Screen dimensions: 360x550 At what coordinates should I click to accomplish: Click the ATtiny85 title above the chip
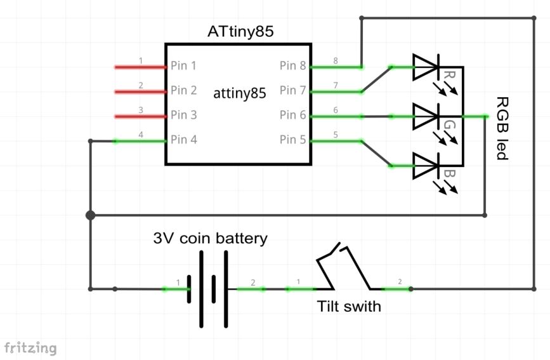click(x=240, y=32)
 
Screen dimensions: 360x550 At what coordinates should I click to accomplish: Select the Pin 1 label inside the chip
click(x=183, y=66)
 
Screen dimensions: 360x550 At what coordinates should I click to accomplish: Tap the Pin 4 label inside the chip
click(x=183, y=140)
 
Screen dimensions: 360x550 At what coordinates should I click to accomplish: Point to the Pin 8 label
click(x=292, y=66)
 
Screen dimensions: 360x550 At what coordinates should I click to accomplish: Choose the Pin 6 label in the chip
click(x=292, y=116)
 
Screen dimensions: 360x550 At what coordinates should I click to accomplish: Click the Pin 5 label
click(x=292, y=140)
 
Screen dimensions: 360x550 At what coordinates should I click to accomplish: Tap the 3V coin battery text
click(x=210, y=239)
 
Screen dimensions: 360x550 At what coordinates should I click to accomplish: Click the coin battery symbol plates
click(x=207, y=289)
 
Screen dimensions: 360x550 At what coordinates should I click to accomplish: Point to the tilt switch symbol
click(x=343, y=270)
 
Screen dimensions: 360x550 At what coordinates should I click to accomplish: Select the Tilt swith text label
click(x=349, y=307)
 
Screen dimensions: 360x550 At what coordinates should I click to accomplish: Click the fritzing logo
click(x=30, y=348)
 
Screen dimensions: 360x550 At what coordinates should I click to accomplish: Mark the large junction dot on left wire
click(x=91, y=215)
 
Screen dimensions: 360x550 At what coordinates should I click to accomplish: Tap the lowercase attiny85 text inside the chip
click(x=240, y=93)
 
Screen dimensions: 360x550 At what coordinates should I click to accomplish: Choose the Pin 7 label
click(x=292, y=91)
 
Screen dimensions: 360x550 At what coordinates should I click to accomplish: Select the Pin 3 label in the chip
click(x=183, y=116)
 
